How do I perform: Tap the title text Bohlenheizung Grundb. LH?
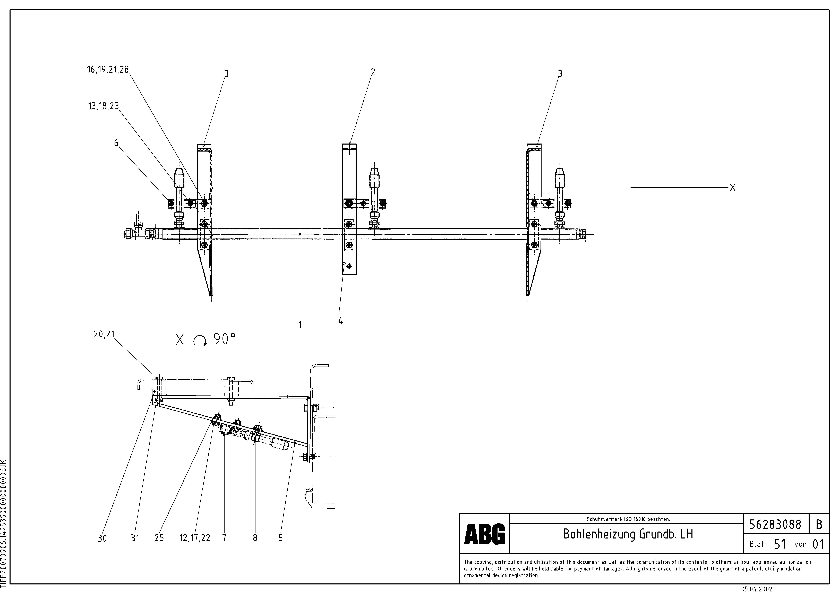[x=628, y=534]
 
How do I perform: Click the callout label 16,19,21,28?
[x=108, y=69]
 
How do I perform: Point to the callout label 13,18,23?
[x=103, y=106]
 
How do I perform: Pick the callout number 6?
[x=116, y=143]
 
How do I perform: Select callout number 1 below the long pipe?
[x=300, y=324]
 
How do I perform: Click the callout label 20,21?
[x=104, y=334]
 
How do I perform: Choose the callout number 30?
[x=102, y=538]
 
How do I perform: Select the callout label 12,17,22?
[x=195, y=538]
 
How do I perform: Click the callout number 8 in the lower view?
[x=255, y=538]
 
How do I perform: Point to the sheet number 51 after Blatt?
[x=779, y=544]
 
